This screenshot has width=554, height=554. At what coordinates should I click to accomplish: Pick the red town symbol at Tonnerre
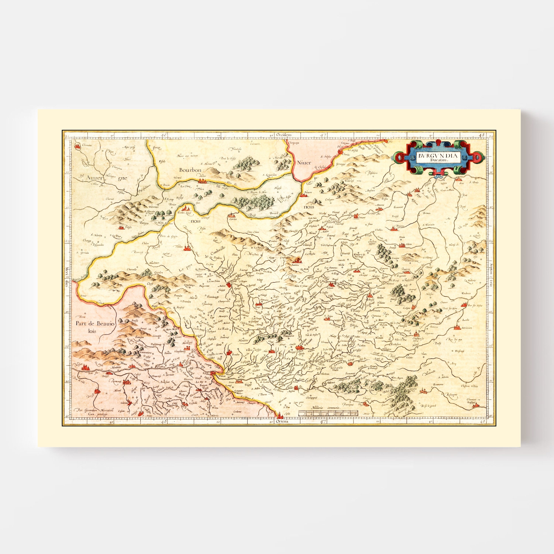point(392,228)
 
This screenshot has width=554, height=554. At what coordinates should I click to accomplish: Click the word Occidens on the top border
point(284,135)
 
